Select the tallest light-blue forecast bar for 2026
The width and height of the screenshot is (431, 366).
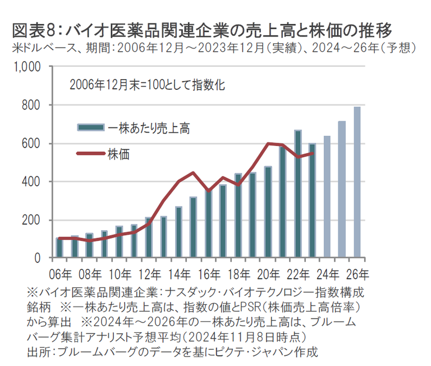coord(357,182)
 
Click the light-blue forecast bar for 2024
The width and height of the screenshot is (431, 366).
coord(327,196)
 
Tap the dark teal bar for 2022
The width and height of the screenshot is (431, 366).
coord(297,194)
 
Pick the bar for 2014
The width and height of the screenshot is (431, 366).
coord(178,232)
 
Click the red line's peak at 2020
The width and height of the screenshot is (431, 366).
coord(268,144)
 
